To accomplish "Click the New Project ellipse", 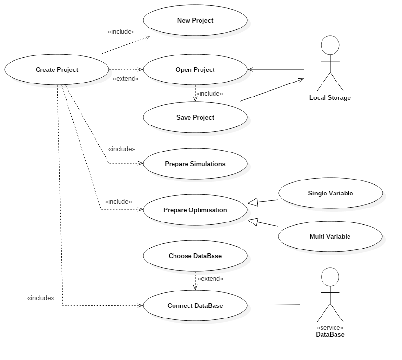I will click(195, 20).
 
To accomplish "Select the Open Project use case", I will click(195, 69).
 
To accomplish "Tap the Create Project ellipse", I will click(57, 69).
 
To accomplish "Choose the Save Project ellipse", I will click(195, 117).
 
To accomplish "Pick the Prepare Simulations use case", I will click(195, 164).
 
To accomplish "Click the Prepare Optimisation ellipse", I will click(195, 210).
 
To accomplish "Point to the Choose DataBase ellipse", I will click(195, 256).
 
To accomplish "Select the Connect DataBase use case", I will click(195, 305).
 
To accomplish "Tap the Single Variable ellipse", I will click(331, 193).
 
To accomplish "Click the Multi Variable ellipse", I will click(330, 236).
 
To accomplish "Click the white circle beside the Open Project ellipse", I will click(330, 45).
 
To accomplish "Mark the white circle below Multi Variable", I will click(330, 277).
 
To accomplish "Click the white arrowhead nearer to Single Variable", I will click(254, 202).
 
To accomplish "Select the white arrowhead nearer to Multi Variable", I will click(254, 222).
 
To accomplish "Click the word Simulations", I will click(208, 164).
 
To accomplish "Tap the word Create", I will click(45, 69).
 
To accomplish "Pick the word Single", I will click(318, 193).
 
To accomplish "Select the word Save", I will click(184, 117).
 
